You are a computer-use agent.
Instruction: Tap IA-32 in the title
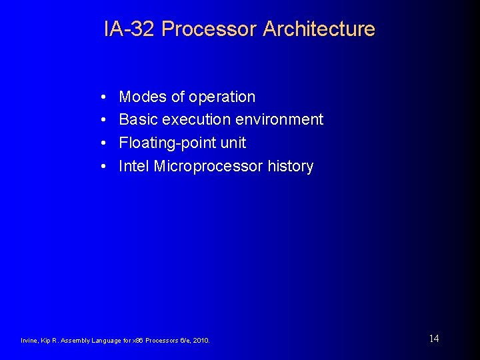pos(130,29)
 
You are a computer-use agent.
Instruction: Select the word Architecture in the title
pos(319,29)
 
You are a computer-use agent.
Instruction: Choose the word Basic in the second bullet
pos(138,120)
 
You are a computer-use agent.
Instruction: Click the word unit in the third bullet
pos(233,143)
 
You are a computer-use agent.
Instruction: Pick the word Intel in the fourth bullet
pos(134,166)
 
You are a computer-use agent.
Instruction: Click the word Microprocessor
pos(209,166)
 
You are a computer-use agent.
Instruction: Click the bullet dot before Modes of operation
pos(105,97)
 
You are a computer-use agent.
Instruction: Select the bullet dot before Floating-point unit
pos(105,143)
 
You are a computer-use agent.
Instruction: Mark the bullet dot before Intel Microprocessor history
pos(105,167)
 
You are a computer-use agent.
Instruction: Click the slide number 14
pos(434,339)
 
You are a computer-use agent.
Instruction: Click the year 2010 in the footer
pos(201,341)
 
